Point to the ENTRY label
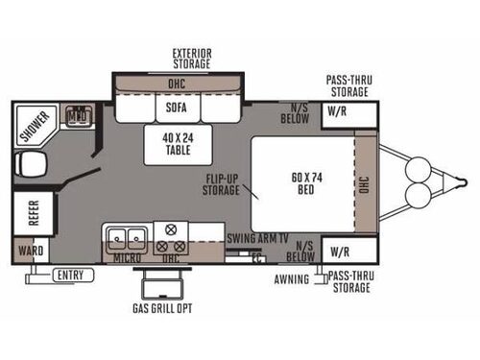click(x=69, y=276)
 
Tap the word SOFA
click(x=175, y=108)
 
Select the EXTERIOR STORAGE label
click(x=191, y=57)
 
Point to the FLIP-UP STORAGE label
click(x=221, y=183)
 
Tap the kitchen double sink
click(x=127, y=235)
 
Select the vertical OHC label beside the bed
click(x=364, y=183)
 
